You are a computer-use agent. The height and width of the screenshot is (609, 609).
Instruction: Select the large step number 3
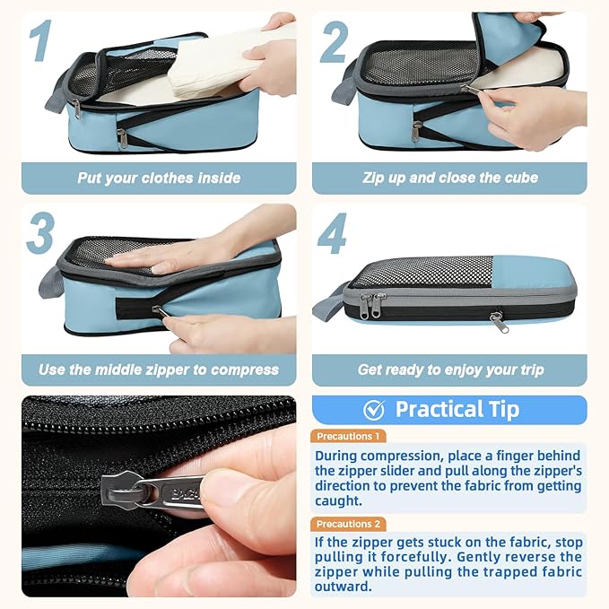40,233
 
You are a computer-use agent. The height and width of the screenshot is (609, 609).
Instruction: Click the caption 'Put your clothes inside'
159,178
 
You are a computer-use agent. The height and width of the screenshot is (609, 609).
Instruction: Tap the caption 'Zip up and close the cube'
450,178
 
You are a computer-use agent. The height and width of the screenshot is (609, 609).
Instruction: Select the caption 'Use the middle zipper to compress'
159,370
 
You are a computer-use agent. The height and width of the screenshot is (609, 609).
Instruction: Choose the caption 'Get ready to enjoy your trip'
450,370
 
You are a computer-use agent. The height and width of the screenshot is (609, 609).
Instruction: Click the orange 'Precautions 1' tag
349,436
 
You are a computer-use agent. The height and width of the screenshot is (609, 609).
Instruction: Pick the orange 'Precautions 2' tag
349,524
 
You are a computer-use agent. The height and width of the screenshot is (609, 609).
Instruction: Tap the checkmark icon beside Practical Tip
374,410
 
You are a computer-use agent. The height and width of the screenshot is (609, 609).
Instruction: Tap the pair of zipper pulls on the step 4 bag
370,305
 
